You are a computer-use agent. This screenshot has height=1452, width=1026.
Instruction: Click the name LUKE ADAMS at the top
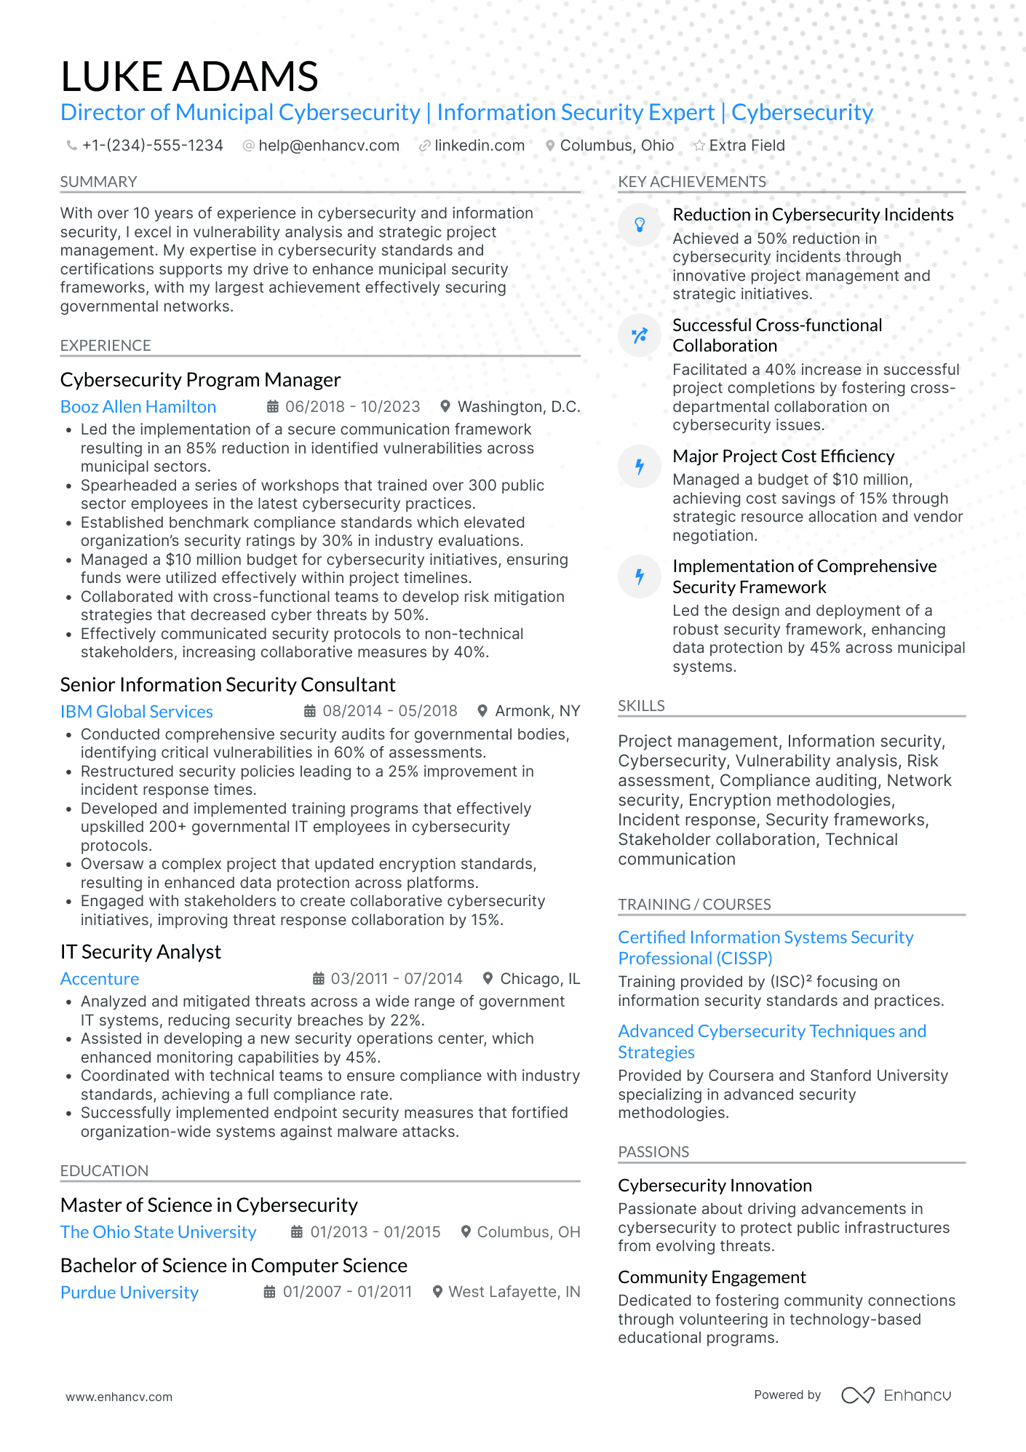(189, 76)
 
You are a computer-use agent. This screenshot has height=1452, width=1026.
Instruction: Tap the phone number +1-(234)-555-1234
(152, 146)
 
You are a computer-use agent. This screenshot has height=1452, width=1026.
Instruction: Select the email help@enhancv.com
(329, 146)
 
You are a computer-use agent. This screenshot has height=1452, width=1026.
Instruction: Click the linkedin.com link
(479, 146)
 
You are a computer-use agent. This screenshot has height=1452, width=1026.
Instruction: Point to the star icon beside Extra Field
(699, 146)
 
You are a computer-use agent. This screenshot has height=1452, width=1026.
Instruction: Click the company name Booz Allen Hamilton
(138, 407)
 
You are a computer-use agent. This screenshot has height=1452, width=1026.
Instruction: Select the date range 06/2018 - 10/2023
(352, 407)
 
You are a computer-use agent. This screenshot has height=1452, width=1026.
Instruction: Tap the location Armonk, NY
(537, 711)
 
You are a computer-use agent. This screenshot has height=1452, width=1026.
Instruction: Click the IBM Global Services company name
(137, 712)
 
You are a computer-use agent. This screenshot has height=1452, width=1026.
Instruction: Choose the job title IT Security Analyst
(140, 952)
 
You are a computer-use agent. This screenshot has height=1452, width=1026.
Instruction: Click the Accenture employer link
(100, 979)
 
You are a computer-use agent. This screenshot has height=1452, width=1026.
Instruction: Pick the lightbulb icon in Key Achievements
(640, 225)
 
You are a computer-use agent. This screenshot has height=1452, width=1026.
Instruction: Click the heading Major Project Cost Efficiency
(783, 456)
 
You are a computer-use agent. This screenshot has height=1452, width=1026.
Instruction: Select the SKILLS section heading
(641, 706)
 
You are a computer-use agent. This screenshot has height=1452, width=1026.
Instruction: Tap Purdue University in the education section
(130, 1293)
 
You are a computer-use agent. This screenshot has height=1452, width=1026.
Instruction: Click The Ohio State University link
(158, 1232)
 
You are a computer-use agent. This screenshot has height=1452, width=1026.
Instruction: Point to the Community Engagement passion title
(712, 1277)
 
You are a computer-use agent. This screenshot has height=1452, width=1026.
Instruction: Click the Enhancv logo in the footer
(896, 1395)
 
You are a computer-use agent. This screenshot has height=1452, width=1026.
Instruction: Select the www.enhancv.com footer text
(119, 1397)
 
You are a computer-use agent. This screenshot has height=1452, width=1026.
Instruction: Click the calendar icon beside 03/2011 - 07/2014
(319, 979)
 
